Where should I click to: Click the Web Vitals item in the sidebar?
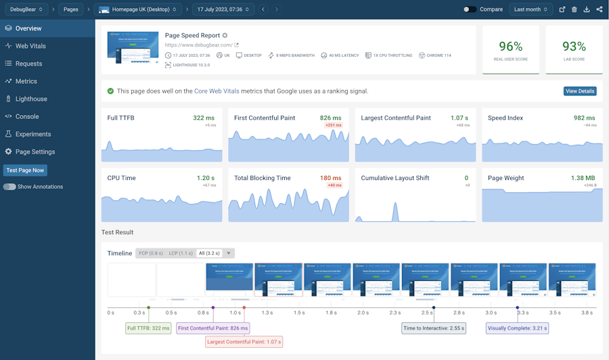coord(30,46)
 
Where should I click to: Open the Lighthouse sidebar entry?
coord(31,99)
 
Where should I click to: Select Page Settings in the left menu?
coord(35,152)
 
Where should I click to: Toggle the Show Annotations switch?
coord(9,187)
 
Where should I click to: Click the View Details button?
coord(580,91)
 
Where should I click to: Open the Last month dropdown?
coord(531,9)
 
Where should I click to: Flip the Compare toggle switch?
coord(470,9)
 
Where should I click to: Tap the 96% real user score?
coord(510,47)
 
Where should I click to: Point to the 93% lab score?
coord(574,47)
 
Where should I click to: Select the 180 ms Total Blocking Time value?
coord(330,178)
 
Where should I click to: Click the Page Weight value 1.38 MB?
coord(583,178)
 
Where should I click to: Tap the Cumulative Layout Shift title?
coord(395,178)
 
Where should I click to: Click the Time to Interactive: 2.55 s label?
coord(433,328)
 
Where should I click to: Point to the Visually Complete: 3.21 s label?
coord(517,328)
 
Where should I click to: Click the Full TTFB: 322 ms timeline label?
coord(149,328)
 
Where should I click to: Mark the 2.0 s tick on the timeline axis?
coord(363,313)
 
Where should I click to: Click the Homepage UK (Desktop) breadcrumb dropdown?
coord(139,9)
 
